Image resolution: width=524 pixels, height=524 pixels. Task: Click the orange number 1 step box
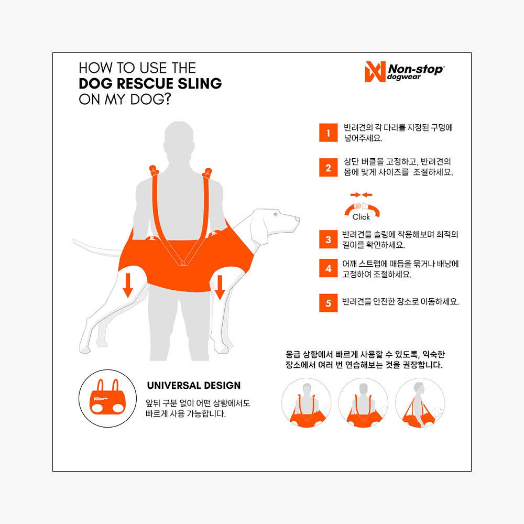tap(328, 133)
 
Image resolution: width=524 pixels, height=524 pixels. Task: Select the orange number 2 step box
tap(328, 167)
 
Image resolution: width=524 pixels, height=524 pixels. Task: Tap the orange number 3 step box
tap(328, 239)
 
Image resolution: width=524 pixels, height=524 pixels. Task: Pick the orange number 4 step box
tap(328, 268)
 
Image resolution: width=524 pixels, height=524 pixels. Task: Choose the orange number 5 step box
tap(328, 303)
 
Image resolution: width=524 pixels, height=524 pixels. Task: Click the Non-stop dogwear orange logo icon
tap(375, 71)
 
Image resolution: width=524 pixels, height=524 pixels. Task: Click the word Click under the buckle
tap(361, 217)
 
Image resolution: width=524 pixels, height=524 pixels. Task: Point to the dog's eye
tap(276, 214)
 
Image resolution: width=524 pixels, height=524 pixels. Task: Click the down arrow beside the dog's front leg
tap(220, 287)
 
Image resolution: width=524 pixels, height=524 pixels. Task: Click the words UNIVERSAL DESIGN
tap(194, 385)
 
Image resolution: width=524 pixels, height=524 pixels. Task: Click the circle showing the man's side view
tap(420, 403)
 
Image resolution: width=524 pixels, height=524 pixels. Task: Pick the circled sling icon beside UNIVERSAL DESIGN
tap(107, 398)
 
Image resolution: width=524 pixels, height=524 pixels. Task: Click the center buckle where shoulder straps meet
tap(183, 262)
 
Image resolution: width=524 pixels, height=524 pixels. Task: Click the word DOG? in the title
tap(150, 99)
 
